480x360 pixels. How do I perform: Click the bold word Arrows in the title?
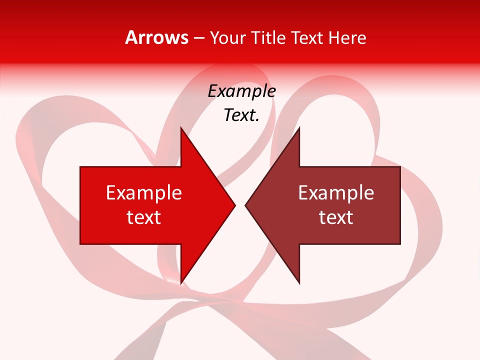pos(156,37)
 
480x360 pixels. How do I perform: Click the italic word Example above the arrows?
pos(241,91)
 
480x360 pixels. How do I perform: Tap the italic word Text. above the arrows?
pos(241,115)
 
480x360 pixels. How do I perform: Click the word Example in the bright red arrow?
pos(144,193)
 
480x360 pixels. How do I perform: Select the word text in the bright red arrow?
pos(144,217)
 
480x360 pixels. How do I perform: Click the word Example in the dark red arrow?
pos(336,193)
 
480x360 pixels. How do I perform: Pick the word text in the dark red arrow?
pos(336,217)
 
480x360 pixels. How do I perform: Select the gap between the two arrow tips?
pos(240,205)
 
